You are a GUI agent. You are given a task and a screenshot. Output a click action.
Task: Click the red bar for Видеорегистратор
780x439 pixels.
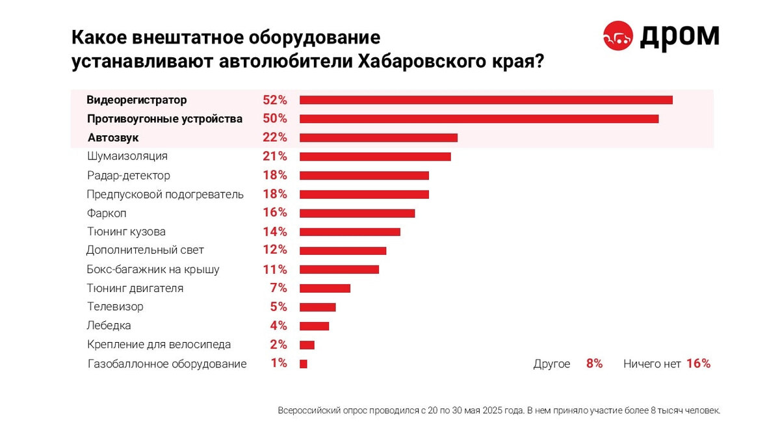pos(486,100)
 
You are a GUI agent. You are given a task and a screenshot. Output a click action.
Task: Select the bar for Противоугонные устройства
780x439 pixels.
pos(479,119)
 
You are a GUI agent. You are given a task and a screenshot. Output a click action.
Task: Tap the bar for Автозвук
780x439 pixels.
pos(378,138)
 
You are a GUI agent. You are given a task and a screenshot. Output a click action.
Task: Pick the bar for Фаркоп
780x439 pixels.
pos(357,213)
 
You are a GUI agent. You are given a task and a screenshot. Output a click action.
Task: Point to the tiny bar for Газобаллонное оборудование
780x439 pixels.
pos(303,364)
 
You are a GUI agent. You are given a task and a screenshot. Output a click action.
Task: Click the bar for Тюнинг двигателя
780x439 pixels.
pos(325,288)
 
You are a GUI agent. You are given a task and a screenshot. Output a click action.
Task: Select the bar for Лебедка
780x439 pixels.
pos(314,326)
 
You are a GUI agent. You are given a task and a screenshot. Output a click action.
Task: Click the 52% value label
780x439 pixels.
pos(274,100)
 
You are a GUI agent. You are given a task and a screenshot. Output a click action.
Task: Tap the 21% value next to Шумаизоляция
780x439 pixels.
pos(274,157)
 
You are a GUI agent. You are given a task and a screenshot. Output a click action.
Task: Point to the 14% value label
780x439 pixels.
pos(274,232)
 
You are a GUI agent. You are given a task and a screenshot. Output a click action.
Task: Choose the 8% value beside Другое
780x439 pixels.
pos(594,364)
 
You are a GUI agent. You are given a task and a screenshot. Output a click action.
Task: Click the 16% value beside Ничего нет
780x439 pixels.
pos(698,364)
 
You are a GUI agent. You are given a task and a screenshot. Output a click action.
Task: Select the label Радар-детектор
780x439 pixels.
pos(129,176)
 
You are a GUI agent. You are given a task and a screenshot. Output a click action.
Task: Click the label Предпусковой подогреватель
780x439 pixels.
pos(165,194)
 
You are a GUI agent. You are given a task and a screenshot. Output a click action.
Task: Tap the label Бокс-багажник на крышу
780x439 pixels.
pos(153,269)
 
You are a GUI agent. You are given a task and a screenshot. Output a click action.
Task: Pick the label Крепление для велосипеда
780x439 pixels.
pos(159,345)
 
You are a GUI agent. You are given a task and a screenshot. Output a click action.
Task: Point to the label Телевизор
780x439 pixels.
pos(115,307)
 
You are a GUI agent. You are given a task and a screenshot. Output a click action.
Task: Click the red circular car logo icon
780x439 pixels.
pos(618,36)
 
